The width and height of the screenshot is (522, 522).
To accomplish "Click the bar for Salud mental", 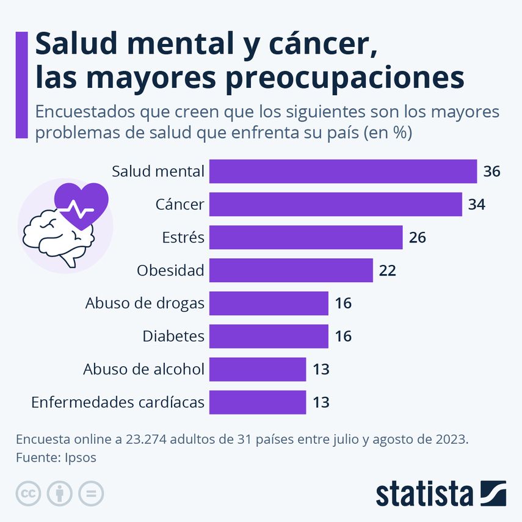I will pos(343,171).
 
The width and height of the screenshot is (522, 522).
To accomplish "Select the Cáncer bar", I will pos(335,204).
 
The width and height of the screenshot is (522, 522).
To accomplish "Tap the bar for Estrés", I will pos(305,237).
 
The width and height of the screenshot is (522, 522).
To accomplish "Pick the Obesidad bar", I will pos(291,270).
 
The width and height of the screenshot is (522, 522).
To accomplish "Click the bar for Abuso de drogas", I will pos(269,303).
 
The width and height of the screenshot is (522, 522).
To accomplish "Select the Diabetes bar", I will pos(269,336).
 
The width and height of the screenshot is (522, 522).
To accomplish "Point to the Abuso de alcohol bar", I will pos(257,369).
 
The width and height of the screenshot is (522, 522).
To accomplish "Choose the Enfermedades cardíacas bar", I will pos(257,402).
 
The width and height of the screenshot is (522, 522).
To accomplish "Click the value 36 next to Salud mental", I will pos(491,172).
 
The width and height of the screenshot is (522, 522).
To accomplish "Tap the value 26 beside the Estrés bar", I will pos(417,237).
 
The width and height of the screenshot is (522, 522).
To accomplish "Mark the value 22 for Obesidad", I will pos(387,270).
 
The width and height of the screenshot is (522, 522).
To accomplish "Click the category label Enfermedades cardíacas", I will pos(117,402).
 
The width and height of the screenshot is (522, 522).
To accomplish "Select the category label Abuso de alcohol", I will pos(143,369).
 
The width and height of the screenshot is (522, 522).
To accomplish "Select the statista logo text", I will pos(424,493).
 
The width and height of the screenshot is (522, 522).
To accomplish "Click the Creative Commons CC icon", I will pos(28,493).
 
